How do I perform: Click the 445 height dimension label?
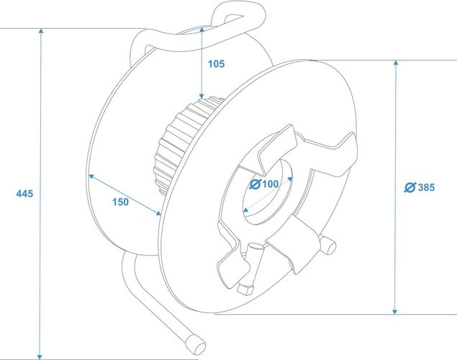point(24,194)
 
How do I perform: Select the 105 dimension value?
point(216,64)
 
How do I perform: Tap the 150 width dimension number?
point(121,202)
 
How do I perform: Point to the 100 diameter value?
point(271,184)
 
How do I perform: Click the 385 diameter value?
point(426,187)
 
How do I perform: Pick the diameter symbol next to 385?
point(410,187)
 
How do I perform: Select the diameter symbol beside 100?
point(255,184)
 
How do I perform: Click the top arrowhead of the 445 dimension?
point(41,31)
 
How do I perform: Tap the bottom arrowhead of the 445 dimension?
point(40,357)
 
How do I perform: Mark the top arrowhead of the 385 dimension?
point(396,63)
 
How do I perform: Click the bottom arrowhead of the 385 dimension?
point(394,312)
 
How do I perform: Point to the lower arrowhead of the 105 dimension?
point(202,96)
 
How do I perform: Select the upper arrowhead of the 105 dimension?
point(202,30)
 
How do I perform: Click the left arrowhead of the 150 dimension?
point(91,176)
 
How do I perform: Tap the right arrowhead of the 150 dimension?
point(158,213)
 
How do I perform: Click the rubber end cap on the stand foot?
point(196,345)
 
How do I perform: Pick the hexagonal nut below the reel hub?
point(245,289)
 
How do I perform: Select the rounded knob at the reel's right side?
point(328,246)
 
